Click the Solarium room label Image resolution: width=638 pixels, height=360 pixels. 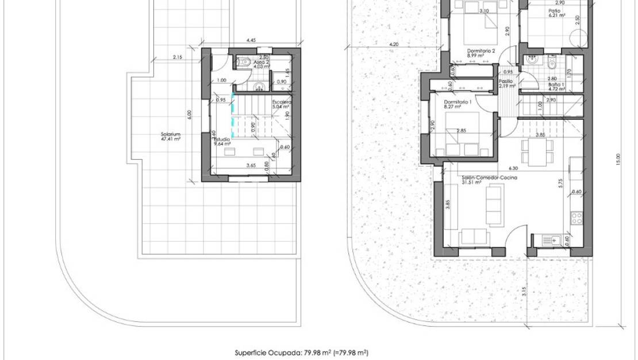click(171, 137)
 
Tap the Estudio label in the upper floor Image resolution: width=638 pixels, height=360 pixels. click(222, 141)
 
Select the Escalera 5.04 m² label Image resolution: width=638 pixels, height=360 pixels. click(282, 104)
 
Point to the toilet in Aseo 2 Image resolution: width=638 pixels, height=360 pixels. click(245, 63)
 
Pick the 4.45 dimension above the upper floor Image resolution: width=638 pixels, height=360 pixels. click(251, 41)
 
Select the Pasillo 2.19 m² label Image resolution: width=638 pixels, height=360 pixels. click(506, 84)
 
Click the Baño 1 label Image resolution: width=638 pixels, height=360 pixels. click(556, 87)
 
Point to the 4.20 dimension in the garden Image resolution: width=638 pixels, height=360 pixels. click(394, 44)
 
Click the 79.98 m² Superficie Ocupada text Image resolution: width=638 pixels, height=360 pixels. click(302, 353)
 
